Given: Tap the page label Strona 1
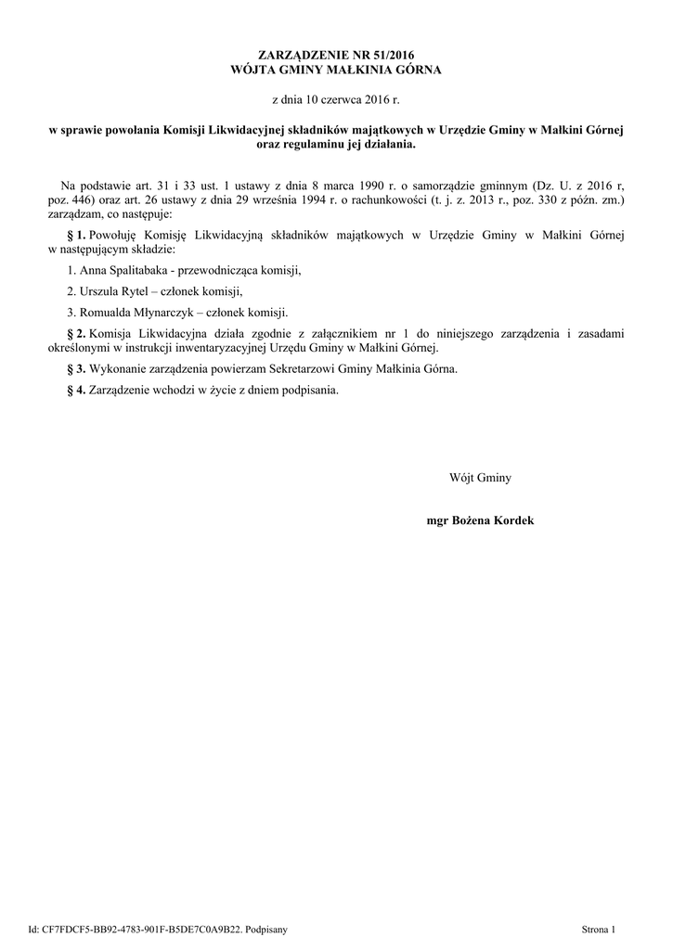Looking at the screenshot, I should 598,928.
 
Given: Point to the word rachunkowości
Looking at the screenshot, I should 369,199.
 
